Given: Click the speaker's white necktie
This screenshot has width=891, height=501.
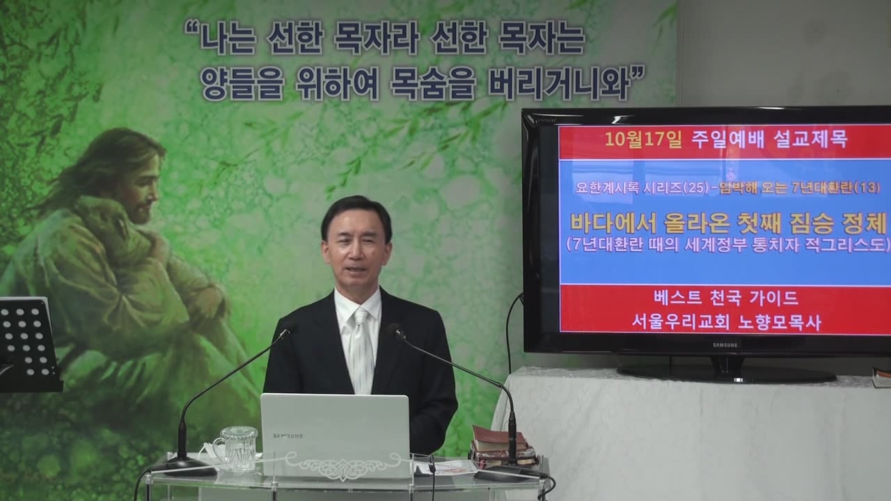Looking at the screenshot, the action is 361,350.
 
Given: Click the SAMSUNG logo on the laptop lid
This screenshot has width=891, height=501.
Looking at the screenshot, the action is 288,436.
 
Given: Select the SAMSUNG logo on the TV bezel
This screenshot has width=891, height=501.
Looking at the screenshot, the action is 725,344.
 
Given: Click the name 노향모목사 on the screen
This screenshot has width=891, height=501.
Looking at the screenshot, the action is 779,322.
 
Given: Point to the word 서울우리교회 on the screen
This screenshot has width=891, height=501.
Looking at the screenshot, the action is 681,322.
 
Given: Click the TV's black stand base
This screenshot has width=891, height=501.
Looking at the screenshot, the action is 726,374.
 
